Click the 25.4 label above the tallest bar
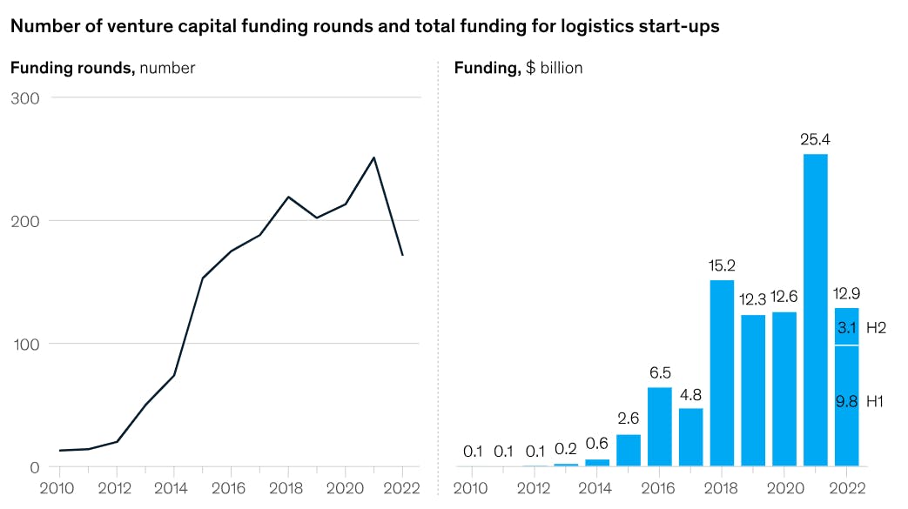coord(815,139)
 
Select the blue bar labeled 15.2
coord(722,372)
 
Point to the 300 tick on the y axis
coord(26,97)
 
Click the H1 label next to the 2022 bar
coord(875,401)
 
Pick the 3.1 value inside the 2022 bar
coord(846,328)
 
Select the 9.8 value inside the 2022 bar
coord(846,401)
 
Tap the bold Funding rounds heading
coord(72,68)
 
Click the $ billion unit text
coord(555,68)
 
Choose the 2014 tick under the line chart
coord(173,487)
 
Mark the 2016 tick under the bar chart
coord(660,487)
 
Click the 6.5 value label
coord(660,372)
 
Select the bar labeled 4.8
coord(690,437)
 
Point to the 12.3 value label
coord(753,300)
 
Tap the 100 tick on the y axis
coord(26,344)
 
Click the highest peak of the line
coord(373,157)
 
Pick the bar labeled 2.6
coord(629,450)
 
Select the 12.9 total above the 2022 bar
coord(846,293)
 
